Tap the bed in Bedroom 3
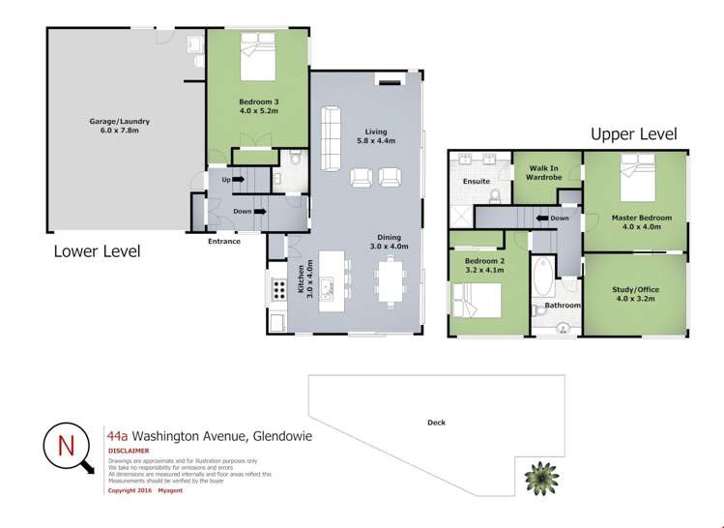coord(256,58)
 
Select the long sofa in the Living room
coord(332,131)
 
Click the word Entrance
coord(223,241)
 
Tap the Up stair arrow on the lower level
coord(232,180)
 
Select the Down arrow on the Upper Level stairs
coord(553,219)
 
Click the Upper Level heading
coord(633,134)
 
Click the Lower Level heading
coord(97,251)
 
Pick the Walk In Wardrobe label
coord(546,172)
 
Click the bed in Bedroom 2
coord(475,299)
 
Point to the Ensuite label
coord(477,181)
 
